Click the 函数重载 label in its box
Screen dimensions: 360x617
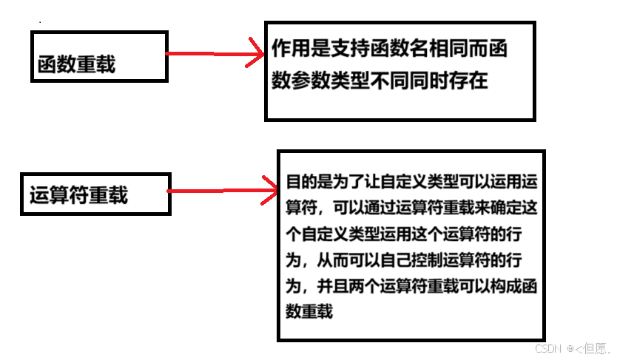76,65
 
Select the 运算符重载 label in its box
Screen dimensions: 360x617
78,195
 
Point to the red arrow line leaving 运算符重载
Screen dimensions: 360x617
215,190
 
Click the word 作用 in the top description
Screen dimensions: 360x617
289,50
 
